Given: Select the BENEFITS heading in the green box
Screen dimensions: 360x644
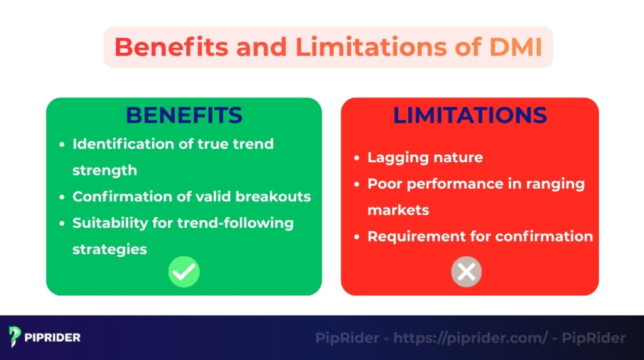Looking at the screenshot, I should tap(184, 115).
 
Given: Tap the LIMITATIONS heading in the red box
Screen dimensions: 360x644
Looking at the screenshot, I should tap(470, 115).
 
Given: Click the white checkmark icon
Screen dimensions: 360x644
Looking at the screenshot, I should tap(184, 272).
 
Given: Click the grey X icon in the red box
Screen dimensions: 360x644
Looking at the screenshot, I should tap(466, 272).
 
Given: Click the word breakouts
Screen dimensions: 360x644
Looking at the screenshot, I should tap(276, 196).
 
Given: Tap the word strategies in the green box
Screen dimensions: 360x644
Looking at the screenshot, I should tap(109, 249).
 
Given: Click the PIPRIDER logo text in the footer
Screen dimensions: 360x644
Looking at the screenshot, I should tap(53, 337).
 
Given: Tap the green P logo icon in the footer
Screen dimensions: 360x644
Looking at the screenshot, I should tap(15, 337).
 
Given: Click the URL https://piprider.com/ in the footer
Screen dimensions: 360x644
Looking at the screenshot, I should tap(471, 338).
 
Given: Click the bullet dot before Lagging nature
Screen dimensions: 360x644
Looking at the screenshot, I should tap(357, 158).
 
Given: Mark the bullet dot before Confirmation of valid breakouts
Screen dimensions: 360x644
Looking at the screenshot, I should tap(62, 197).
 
